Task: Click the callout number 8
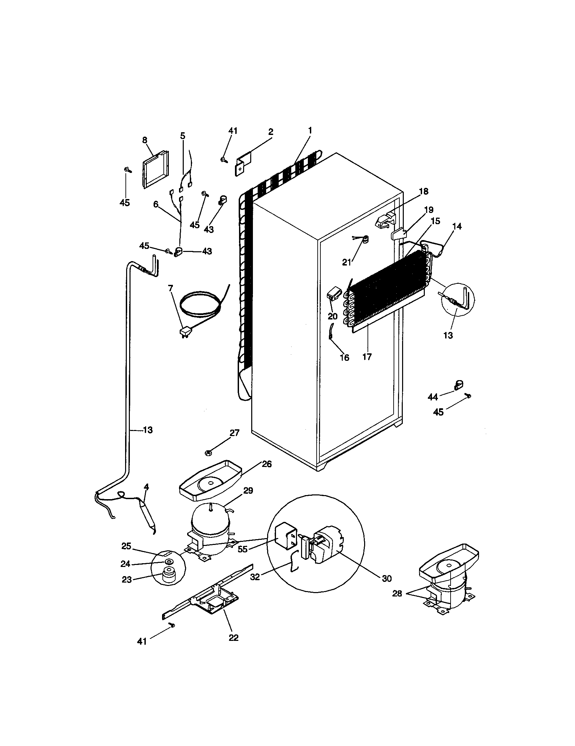pos(145,140)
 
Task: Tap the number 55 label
pos(242,549)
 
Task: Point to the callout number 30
pos(386,578)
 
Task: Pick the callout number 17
pos(367,357)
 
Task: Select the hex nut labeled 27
pos(207,453)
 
